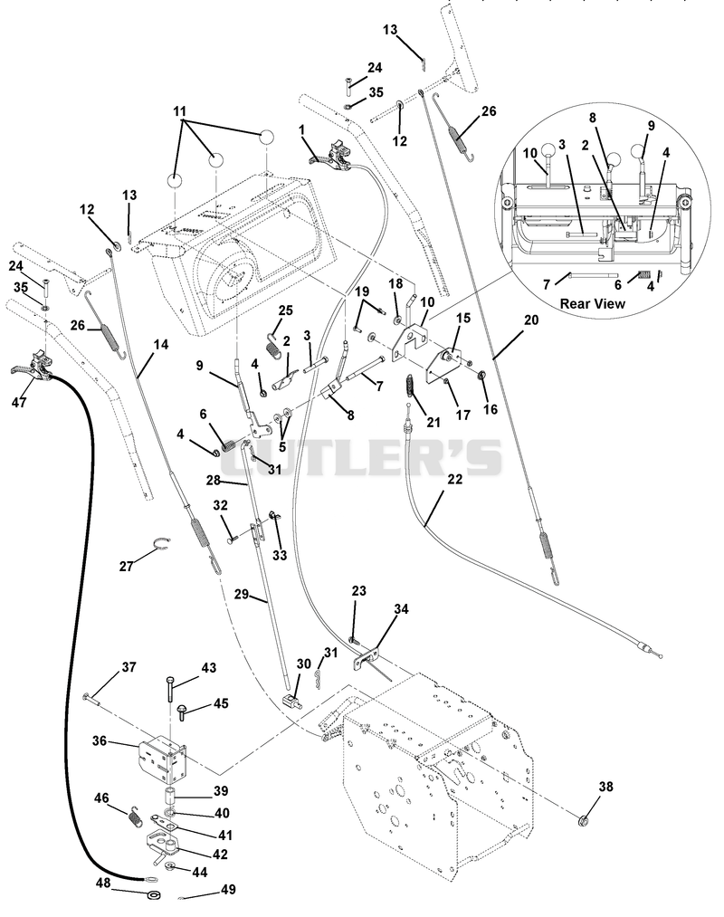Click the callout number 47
(x=19, y=402)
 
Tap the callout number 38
(x=605, y=787)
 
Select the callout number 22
(x=455, y=479)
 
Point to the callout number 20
(x=531, y=320)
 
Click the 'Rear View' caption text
(x=593, y=303)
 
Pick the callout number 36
(x=100, y=741)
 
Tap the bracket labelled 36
(x=162, y=759)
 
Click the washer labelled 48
(x=155, y=895)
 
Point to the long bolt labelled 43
(x=170, y=689)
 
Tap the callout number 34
(x=401, y=609)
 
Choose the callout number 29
(x=242, y=595)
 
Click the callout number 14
(x=161, y=345)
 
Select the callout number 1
(x=301, y=129)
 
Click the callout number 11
(x=179, y=110)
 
